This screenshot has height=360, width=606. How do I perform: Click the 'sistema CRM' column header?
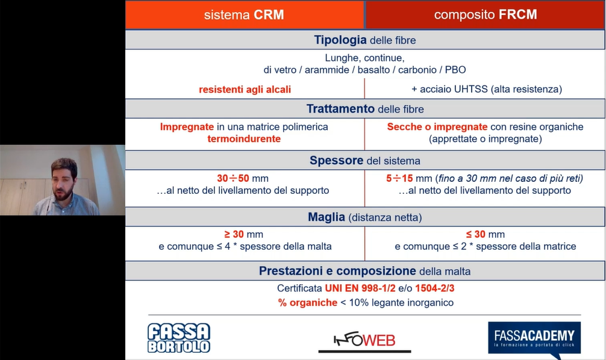[244, 14]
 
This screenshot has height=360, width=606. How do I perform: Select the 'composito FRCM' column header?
[486, 14]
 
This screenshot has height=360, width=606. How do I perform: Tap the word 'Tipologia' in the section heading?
[340, 40]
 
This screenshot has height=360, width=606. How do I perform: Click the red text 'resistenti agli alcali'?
[245, 89]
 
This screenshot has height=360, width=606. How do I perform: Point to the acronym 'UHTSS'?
[470, 89]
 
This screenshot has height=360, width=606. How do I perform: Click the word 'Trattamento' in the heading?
[340, 108]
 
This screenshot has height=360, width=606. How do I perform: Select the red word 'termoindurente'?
[244, 138]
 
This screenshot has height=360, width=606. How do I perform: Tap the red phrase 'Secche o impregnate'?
[437, 126]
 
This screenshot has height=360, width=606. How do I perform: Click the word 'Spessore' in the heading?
[336, 160]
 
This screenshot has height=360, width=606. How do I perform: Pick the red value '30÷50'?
[233, 178]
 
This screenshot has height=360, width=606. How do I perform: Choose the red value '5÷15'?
[399, 178]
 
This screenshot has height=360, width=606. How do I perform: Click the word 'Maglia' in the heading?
[326, 217]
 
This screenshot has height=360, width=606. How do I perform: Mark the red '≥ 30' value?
[234, 234]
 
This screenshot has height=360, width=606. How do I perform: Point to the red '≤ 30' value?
[475, 234]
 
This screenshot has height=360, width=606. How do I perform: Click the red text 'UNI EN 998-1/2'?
[360, 288]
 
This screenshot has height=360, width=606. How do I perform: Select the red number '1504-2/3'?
[435, 288]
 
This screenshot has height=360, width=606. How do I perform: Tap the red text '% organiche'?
[308, 302]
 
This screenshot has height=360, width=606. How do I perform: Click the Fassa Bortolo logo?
[179, 338]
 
